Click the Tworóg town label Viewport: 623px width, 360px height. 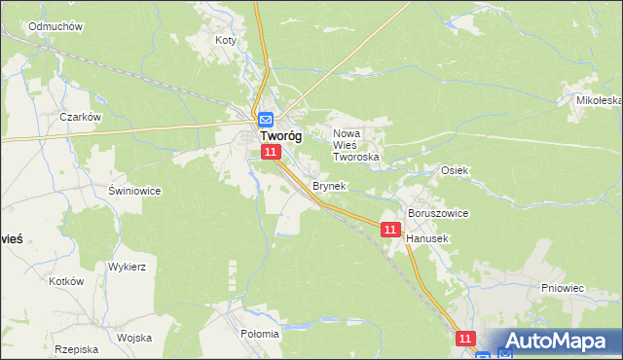(x=280, y=137)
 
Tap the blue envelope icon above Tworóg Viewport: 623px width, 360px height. (x=266, y=120)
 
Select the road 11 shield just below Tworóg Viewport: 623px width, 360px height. (x=272, y=153)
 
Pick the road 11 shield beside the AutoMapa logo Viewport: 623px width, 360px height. (x=465, y=338)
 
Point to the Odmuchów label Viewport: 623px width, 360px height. (x=54, y=26)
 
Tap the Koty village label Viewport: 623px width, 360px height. (x=226, y=41)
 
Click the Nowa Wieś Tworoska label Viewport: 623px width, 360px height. (x=355, y=145)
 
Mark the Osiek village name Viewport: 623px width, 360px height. (x=455, y=169)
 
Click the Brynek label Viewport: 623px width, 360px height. (x=329, y=185)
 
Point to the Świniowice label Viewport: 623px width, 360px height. (x=134, y=191)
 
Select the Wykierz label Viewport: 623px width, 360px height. (x=127, y=266)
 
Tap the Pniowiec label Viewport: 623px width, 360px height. (x=562, y=288)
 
